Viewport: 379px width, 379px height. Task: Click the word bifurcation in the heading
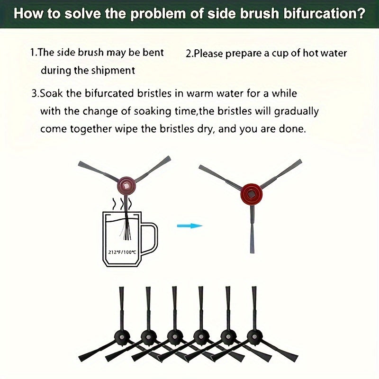[324, 14]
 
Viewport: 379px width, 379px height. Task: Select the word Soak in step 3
[51, 93]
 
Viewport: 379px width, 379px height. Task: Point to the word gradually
[297, 112]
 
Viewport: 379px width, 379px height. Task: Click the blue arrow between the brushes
[190, 226]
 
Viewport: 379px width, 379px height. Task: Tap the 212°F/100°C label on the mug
[122, 253]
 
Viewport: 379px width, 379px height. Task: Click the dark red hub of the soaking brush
[126, 186]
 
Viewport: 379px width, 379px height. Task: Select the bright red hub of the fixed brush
[252, 194]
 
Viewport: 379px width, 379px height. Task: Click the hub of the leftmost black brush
[122, 336]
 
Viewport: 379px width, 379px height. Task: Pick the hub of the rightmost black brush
[254, 336]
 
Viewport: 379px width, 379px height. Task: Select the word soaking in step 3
[152, 112]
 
